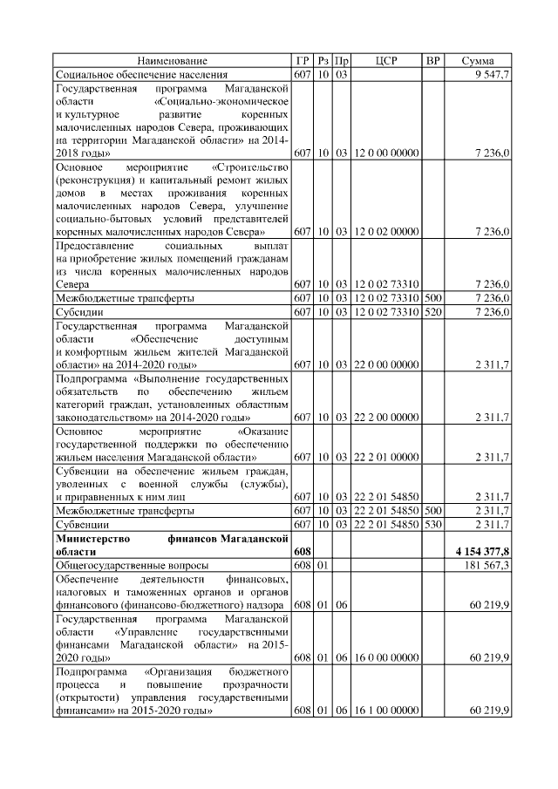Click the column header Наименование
pyautogui.click(x=172, y=61)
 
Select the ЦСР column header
pyautogui.click(x=386, y=61)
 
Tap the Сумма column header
pyautogui.click(x=478, y=61)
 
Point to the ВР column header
pyautogui.click(x=432, y=61)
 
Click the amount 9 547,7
pyautogui.click(x=493, y=75)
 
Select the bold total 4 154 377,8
pyautogui.click(x=482, y=553)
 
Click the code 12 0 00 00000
pyautogui.click(x=386, y=153)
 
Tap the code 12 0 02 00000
pyautogui.click(x=386, y=233)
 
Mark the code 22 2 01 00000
pyautogui.click(x=386, y=456)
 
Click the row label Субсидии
pyautogui.click(x=78, y=312)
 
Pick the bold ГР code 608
pyautogui.click(x=302, y=553)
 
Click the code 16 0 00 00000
pyautogui.click(x=386, y=657)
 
